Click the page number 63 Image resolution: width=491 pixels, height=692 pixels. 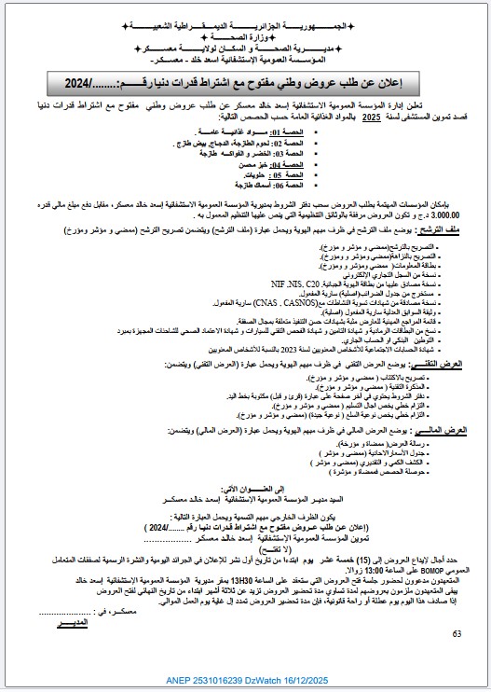tap(457, 634)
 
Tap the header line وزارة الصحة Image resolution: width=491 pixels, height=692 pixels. tap(245, 32)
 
